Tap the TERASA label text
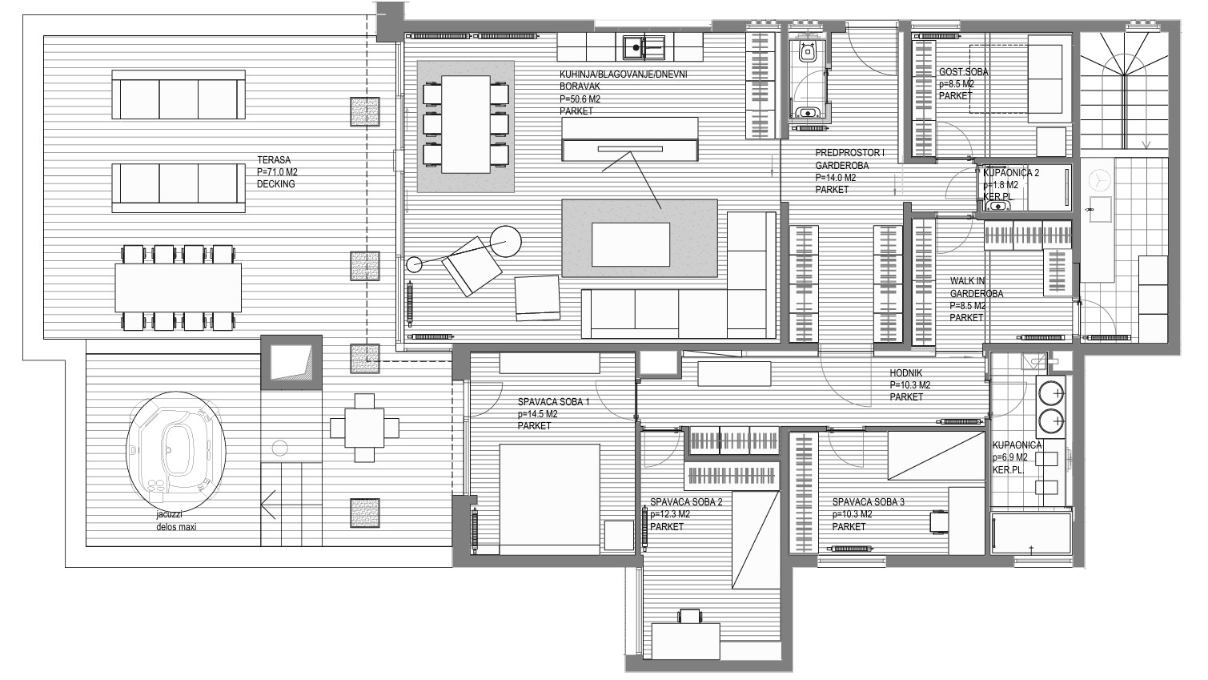pos(274,159)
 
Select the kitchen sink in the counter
pos(644,47)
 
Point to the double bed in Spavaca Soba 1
pos(549,499)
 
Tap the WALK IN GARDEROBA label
pos(976,287)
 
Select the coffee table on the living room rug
pos(631,244)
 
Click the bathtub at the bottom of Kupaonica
pos(1030,533)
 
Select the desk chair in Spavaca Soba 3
pos(939,522)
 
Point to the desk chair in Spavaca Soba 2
pos(691,616)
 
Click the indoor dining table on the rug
pos(465,123)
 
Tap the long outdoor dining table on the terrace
pos(178,288)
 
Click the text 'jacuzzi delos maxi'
pos(176,521)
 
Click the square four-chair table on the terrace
pos(364,428)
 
